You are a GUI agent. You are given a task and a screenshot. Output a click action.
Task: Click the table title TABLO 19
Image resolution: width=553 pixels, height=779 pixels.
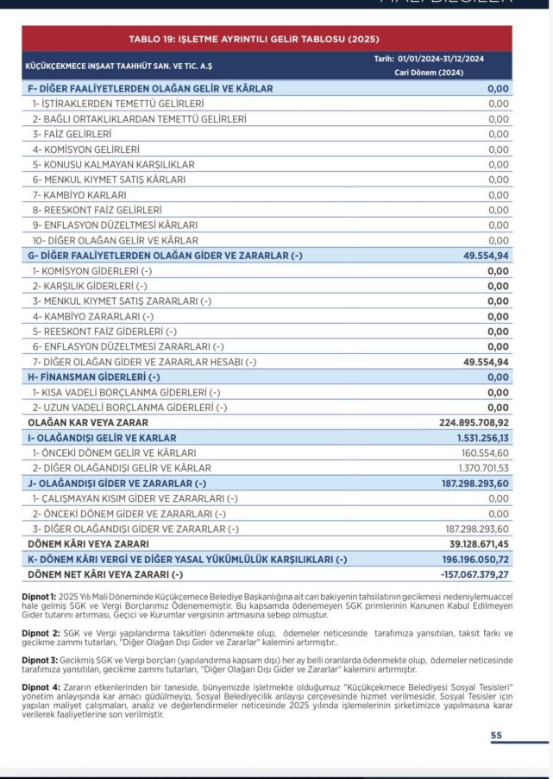[x=254, y=40]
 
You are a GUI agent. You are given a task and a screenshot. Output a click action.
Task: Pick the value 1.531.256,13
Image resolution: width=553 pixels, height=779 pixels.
[x=481, y=438]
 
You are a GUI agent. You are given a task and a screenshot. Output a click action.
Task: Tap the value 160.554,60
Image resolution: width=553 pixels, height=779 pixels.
[x=486, y=453]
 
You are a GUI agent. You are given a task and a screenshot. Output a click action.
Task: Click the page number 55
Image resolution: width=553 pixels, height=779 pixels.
[x=496, y=734]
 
